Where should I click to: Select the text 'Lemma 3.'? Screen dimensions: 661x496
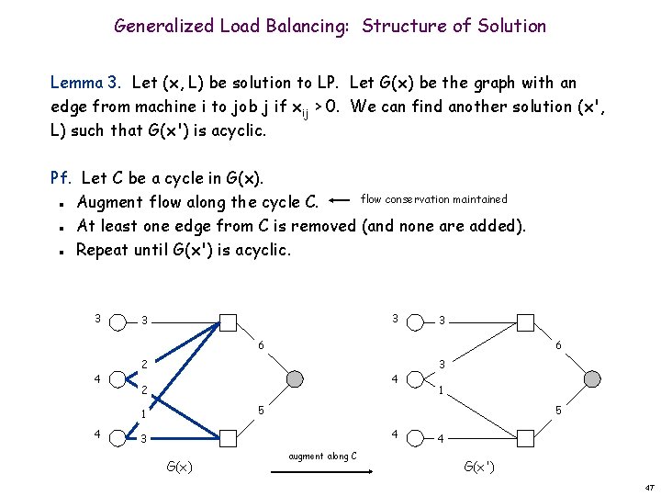tap(88, 84)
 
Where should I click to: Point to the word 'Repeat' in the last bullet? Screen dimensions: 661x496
tap(104, 249)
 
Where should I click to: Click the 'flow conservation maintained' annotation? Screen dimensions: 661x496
tap(434, 198)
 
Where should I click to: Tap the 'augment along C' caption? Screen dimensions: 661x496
tap(322, 456)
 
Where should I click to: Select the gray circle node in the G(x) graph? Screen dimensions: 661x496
tap(294, 378)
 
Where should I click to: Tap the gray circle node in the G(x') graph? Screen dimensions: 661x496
tap(592, 378)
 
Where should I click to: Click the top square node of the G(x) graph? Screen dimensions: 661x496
tap(228, 321)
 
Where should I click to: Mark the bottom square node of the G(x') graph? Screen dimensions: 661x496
tap(525, 436)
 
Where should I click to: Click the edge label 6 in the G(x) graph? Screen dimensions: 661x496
tap(260, 344)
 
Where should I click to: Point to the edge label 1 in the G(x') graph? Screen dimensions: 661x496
tap(442, 389)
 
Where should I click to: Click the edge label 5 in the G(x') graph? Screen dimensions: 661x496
tap(558, 411)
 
